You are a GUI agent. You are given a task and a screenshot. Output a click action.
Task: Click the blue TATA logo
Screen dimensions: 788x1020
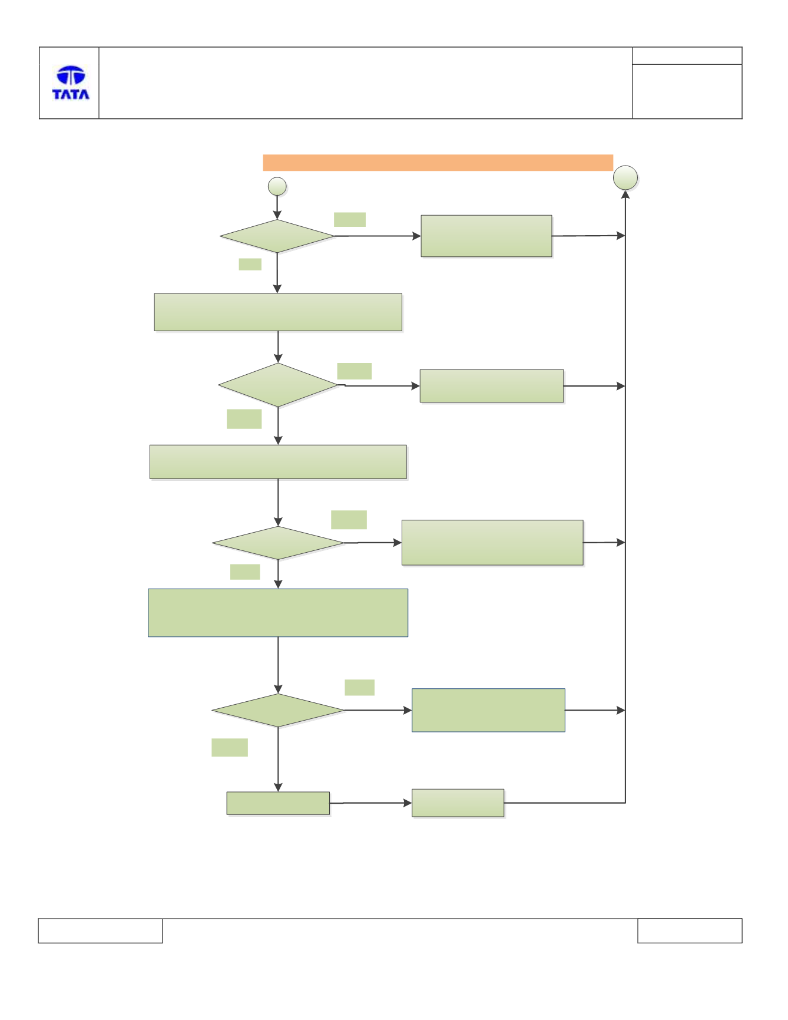(71, 82)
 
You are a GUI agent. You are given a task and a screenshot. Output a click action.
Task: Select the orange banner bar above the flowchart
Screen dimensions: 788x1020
(438, 163)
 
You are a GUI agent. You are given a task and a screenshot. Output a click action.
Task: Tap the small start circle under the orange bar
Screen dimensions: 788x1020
(277, 186)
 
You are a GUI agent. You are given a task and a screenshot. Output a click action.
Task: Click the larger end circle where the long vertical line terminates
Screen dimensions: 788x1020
(625, 178)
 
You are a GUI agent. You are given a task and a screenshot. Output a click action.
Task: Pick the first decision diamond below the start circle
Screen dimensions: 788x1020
(277, 236)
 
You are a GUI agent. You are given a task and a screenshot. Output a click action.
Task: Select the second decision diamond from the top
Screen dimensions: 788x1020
(278, 385)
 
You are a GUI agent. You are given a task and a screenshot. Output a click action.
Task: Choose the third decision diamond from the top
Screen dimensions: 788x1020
(278, 543)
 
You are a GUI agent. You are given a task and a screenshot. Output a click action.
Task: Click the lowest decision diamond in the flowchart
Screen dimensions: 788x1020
(278, 710)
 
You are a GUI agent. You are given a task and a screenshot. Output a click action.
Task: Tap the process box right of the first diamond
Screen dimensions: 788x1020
(486, 236)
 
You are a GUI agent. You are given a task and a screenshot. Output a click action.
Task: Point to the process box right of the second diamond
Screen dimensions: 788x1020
(492, 386)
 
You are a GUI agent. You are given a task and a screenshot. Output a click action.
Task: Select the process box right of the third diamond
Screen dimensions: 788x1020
(492, 543)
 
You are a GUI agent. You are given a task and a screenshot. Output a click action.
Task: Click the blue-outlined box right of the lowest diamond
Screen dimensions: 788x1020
(488, 710)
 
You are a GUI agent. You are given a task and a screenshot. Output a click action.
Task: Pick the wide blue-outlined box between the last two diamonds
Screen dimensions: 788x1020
(278, 613)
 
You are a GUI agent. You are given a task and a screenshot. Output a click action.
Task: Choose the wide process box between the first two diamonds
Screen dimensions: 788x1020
(278, 312)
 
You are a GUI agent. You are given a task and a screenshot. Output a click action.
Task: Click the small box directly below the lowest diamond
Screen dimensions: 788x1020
(278, 803)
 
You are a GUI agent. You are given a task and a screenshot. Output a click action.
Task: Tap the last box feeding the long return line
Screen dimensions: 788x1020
(458, 803)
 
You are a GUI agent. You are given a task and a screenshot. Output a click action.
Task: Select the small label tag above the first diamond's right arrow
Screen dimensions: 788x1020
(350, 219)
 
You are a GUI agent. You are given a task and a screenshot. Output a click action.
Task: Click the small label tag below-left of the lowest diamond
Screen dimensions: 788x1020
(230, 747)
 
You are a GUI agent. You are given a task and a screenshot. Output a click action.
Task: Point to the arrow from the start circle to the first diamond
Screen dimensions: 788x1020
(277, 207)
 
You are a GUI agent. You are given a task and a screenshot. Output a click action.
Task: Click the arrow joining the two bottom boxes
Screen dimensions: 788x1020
(370, 803)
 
